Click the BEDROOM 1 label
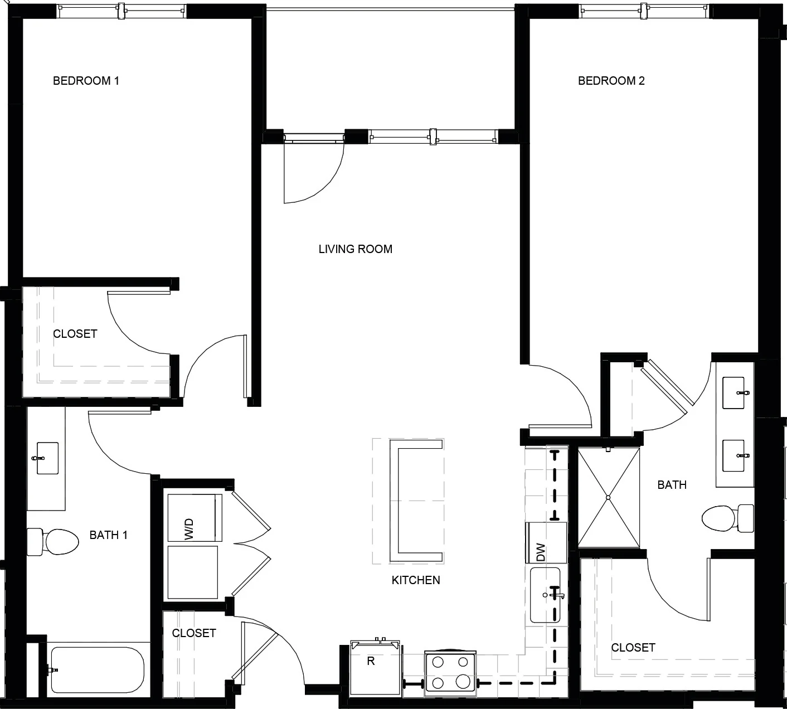(86, 81)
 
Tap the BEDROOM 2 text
(611, 81)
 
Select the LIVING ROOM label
(356, 249)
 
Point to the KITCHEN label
(416, 580)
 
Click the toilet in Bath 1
(52, 542)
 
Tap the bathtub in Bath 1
(98, 670)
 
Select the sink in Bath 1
(47, 458)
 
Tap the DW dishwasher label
(541, 552)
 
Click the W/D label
(189, 529)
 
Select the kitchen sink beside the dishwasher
(545, 595)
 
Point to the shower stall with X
(609, 498)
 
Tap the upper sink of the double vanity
(733, 393)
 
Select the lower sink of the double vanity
(733, 455)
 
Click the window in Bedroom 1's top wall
(122, 11)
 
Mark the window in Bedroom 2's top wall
(644, 11)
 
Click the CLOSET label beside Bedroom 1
(75, 334)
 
